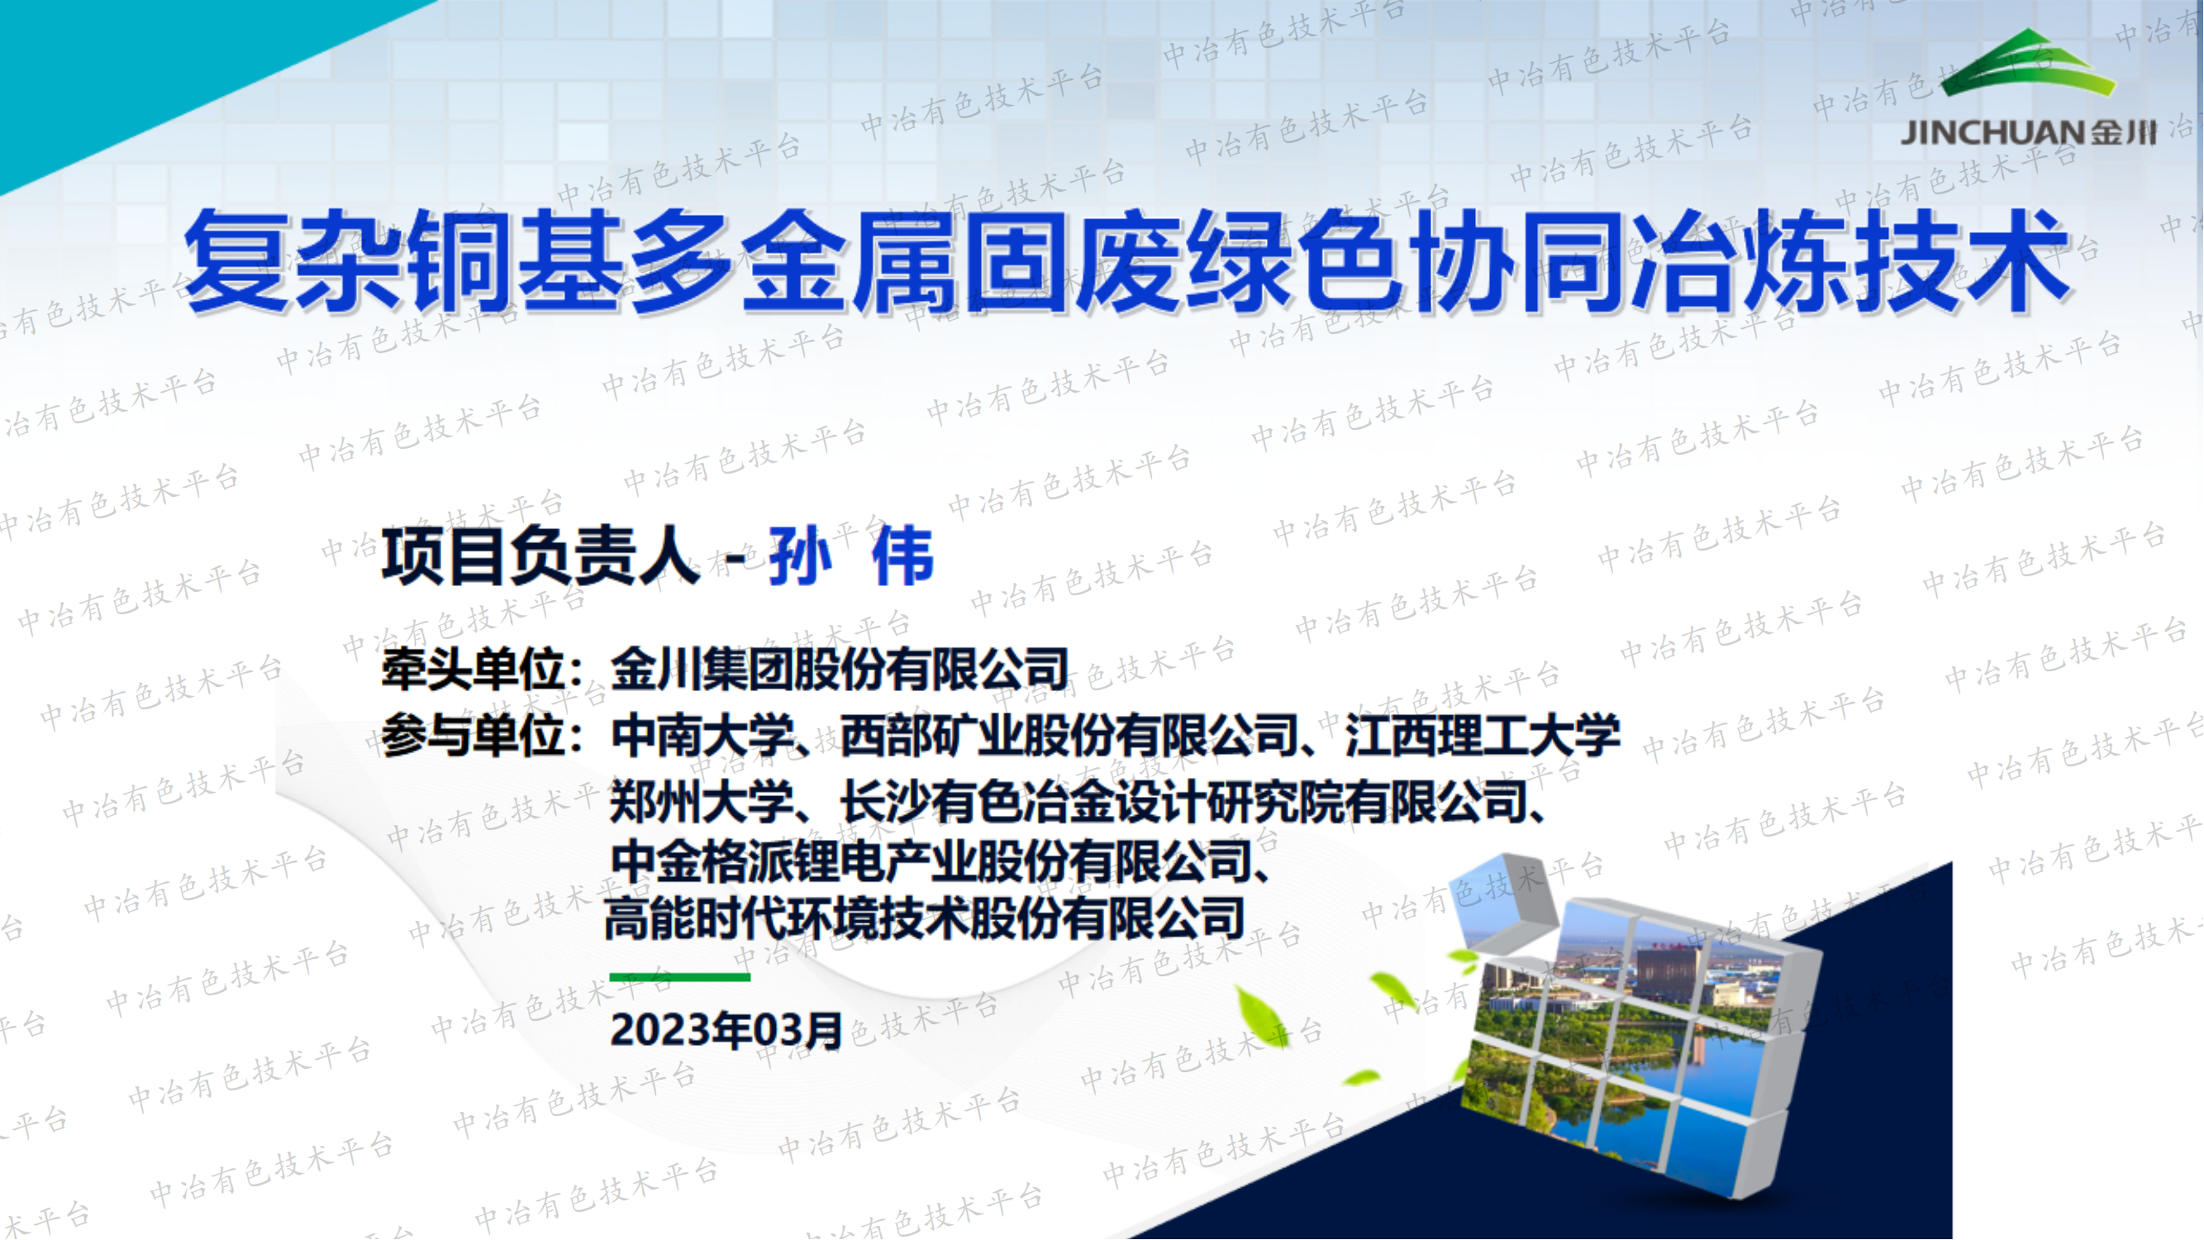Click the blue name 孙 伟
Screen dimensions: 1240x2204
click(850, 556)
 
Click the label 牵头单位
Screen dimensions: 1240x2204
click(473, 670)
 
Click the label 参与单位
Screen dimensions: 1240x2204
click(473, 736)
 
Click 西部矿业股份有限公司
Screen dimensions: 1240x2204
click(1069, 736)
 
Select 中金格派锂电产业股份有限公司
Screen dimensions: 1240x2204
click(933, 861)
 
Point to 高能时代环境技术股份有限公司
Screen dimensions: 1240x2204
click(924, 919)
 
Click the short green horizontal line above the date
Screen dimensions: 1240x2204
click(679, 976)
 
